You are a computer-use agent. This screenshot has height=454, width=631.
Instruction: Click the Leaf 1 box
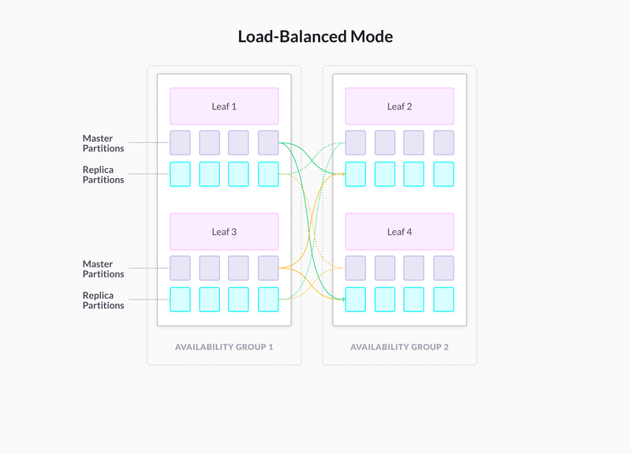pos(224,106)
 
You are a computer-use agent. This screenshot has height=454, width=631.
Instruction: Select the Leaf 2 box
pos(400,106)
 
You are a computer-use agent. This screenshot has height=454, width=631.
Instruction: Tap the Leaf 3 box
pos(224,232)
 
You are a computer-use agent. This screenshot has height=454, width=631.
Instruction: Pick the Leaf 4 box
pos(400,232)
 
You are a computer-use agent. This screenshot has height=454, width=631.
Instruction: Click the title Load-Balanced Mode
pos(315,36)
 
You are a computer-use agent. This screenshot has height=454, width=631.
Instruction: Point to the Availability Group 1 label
pos(224,347)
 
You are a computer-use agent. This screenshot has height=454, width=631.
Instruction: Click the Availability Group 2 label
pos(400,347)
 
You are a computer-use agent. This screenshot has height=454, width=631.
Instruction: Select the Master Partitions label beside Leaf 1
pos(103,143)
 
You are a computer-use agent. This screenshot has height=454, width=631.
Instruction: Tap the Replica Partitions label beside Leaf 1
pos(103,174)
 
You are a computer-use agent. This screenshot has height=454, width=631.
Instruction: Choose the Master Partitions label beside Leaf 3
pos(103,269)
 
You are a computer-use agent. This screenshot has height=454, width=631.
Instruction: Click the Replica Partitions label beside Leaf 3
pos(103,300)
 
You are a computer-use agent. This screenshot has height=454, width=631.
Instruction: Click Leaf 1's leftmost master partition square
pos(180,143)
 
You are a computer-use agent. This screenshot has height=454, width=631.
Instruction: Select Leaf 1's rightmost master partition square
pos(268,143)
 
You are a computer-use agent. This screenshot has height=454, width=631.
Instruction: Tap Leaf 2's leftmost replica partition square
pos(356,174)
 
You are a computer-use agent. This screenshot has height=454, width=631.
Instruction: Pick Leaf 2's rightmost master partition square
pos(444,143)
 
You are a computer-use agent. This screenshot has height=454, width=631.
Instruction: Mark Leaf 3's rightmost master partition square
pos(268,268)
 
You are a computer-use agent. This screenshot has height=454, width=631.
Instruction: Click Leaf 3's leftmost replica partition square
pos(180,300)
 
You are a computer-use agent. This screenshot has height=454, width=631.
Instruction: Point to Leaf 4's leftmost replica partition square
pos(356,300)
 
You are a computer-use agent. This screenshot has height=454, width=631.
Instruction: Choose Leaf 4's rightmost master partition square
pos(444,268)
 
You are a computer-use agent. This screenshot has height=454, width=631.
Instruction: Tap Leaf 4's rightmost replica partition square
pos(444,300)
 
